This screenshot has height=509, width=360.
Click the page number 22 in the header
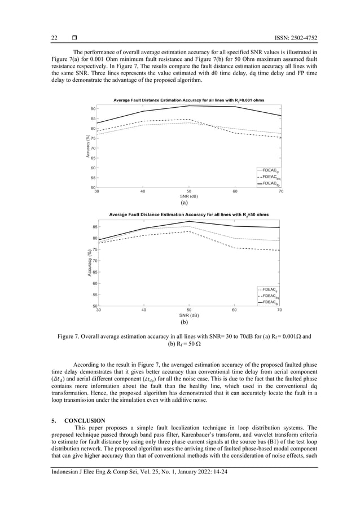(54, 38)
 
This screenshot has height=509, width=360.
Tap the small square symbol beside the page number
(74, 38)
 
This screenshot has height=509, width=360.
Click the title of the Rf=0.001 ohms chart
(188, 100)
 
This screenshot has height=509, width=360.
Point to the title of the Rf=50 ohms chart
(188, 214)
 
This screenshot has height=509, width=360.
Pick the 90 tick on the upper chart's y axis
(91, 108)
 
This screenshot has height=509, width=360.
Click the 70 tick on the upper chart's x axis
(281, 192)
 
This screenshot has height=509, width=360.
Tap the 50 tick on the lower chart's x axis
(189, 310)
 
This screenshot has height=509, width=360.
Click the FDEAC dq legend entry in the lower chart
(270, 296)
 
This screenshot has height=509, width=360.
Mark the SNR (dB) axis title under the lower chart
(188, 315)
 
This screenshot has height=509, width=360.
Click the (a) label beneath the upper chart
(184, 202)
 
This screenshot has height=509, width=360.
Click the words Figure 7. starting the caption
(71, 336)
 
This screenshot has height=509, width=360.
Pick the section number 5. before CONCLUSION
(54, 420)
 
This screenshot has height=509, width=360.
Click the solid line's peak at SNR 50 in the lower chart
(189, 221)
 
